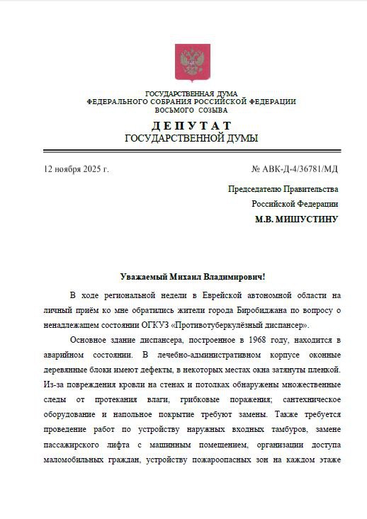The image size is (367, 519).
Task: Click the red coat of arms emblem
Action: click(x=188, y=64)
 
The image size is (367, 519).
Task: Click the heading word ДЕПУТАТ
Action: click(x=191, y=125)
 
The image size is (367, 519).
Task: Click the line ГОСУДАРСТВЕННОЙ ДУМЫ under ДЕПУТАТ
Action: click(x=191, y=139)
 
